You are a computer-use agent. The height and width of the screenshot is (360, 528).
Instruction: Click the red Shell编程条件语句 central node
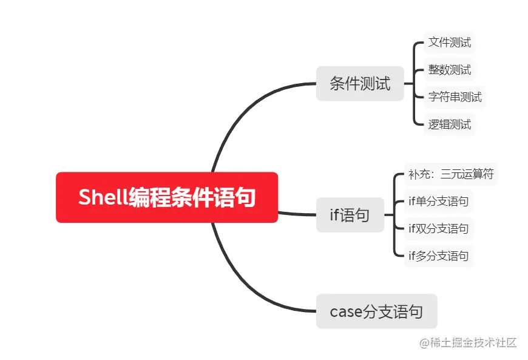(167, 197)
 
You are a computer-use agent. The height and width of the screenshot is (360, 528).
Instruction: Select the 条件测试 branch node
(360, 83)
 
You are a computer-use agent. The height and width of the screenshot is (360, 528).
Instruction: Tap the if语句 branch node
(350, 214)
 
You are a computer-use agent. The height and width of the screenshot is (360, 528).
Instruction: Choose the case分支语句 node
(376, 311)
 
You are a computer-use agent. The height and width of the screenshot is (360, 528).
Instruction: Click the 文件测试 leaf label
(449, 42)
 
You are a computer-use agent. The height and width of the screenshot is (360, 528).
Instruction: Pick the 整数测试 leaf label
(449, 70)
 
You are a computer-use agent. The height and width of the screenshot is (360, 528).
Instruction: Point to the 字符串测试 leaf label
(455, 97)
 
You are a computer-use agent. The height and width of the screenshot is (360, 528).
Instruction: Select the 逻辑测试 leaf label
(449, 124)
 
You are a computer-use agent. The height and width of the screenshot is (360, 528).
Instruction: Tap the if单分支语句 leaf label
(438, 202)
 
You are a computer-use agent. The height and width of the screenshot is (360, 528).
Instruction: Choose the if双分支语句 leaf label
(438, 229)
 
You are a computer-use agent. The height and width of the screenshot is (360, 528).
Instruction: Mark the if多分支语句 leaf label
(438, 256)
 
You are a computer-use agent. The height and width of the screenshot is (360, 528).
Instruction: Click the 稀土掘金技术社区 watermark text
(473, 342)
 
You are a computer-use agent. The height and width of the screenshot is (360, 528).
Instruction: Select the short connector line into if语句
(297, 214)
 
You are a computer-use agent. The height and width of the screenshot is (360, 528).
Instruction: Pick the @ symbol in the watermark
(424, 342)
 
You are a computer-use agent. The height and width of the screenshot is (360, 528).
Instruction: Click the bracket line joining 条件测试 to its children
(413, 83)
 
